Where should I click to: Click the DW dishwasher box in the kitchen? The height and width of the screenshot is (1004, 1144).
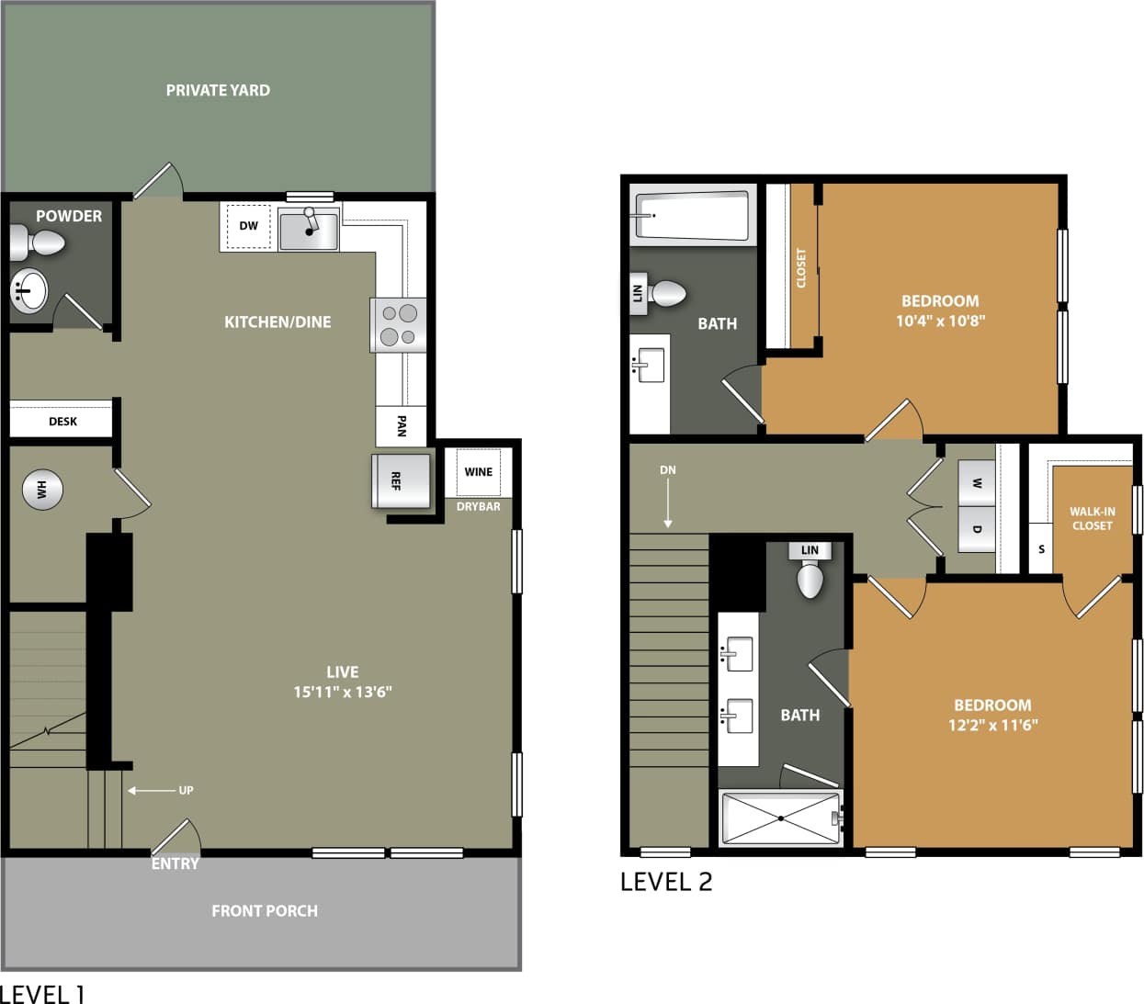248,226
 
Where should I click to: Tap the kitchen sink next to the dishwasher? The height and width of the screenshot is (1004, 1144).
309,229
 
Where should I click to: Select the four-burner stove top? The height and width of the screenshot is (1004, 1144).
399,325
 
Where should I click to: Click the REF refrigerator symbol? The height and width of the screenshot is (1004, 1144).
400,480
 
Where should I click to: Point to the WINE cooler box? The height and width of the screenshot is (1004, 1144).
478,472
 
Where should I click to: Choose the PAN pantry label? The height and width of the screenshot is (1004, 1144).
401,425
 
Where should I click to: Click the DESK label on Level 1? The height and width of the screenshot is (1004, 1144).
62,422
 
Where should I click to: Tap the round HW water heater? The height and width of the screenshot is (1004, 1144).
42,490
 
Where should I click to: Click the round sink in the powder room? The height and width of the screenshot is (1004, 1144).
28,291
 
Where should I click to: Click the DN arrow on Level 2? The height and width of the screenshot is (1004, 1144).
668,497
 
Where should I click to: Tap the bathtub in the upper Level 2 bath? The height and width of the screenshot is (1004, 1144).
692,215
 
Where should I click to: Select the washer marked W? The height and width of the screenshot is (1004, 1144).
976,483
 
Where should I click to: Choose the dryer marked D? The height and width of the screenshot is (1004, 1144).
976,529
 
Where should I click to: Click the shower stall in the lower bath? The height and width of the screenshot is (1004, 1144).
780,818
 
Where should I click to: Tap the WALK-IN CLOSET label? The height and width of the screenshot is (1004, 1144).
1092,519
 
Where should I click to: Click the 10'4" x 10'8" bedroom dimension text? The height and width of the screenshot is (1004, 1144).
940,321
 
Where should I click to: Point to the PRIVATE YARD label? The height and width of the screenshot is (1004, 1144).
218,90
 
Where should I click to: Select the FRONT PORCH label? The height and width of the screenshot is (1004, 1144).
265,910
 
